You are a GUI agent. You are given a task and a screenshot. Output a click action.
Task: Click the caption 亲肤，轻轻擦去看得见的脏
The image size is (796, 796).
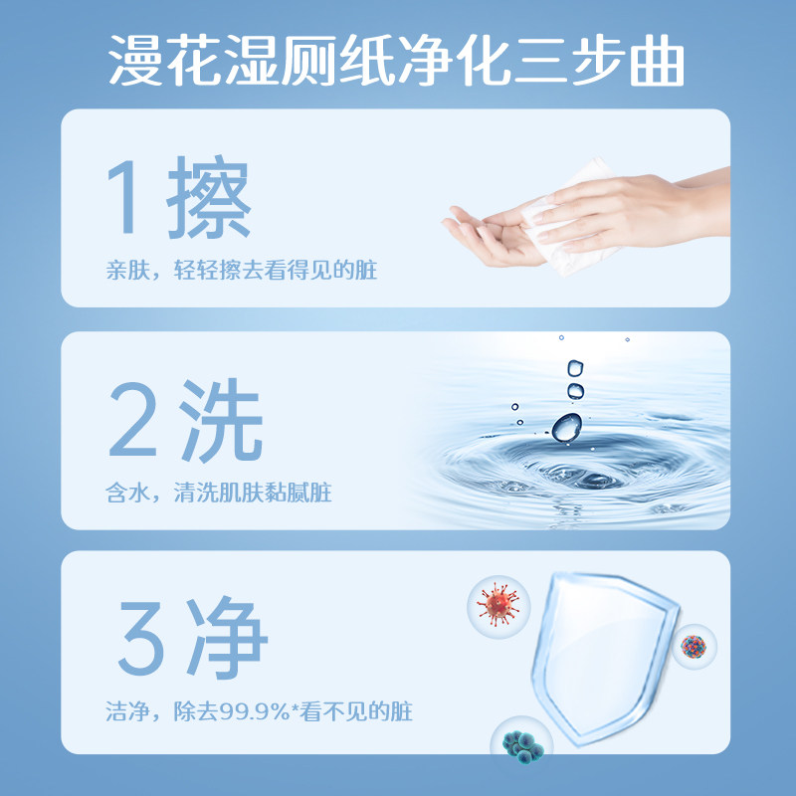click(x=242, y=270)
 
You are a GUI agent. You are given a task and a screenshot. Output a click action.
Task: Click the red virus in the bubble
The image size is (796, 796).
click(x=497, y=605)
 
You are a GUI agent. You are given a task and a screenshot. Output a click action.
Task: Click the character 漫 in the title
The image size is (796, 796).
click(x=138, y=62)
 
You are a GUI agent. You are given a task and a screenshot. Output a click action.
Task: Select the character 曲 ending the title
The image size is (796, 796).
click(x=658, y=62)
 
